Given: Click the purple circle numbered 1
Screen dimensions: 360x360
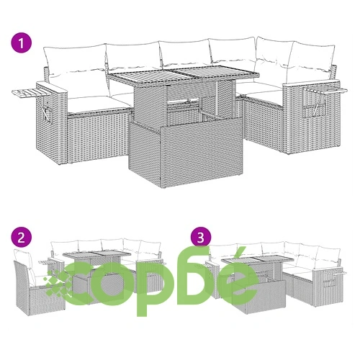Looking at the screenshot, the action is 22,43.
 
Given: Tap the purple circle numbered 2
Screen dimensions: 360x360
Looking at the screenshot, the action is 22,238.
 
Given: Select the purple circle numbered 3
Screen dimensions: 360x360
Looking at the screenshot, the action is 201,238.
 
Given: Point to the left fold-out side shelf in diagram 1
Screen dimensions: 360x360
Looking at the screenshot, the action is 31,93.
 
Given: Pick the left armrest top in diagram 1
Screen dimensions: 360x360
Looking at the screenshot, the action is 52,88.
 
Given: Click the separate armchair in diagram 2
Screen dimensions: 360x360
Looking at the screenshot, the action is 38,283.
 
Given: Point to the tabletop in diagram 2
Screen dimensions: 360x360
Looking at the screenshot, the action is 96,254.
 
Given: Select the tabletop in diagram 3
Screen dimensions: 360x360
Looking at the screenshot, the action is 257,258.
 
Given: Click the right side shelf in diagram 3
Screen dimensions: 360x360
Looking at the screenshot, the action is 335,273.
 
